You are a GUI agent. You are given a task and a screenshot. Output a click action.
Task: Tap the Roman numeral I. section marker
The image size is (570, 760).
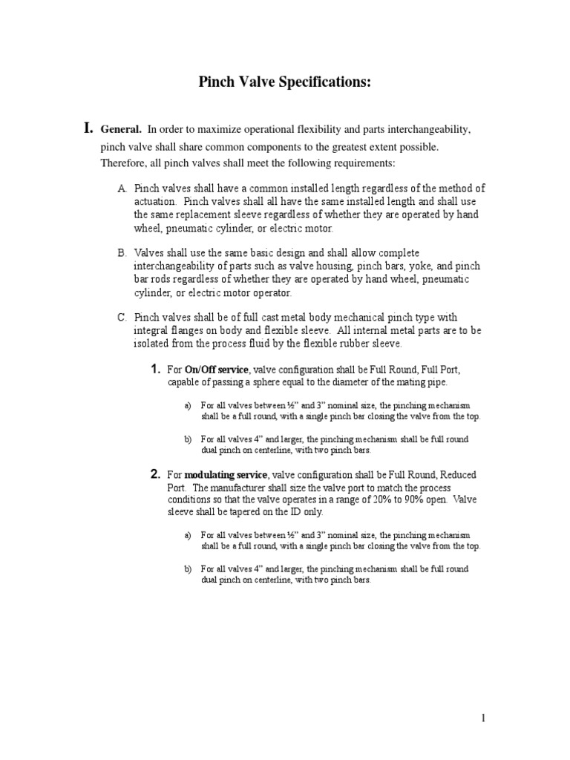[x=88, y=129]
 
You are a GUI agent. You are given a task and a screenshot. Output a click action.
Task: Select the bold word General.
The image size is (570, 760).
[x=121, y=130]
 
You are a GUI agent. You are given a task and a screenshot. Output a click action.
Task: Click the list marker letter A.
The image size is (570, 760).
[x=122, y=189]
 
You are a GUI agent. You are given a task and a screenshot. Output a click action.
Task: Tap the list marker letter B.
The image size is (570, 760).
[x=122, y=254]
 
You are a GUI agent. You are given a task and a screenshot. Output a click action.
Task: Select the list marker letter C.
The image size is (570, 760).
[x=122, y=318]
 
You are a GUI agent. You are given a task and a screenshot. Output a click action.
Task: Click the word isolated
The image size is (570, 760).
[x=155, y=344]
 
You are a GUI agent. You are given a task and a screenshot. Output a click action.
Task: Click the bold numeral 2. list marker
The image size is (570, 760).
[x=155, y=474]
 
